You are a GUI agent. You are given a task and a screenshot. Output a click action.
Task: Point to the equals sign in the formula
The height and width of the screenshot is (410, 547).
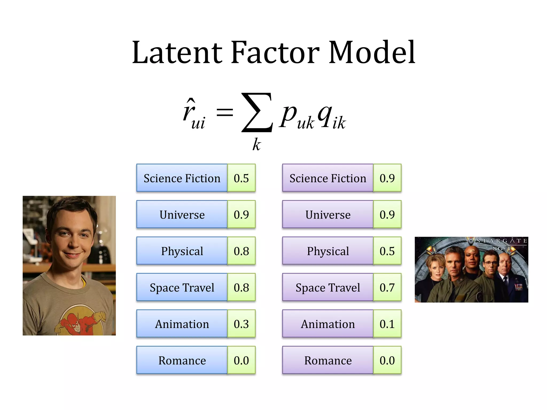coord(225,112)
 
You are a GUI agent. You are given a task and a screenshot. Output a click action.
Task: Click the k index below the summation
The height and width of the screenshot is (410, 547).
coord(256,145)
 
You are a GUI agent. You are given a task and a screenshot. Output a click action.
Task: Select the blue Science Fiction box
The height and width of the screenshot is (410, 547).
coord(182,178)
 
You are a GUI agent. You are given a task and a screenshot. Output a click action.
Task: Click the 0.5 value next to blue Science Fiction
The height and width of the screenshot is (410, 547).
coord(241,178)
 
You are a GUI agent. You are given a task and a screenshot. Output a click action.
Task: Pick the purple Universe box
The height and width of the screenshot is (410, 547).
coord(328,215)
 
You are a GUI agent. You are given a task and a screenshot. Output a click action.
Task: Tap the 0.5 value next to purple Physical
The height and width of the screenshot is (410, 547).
coord(387,251)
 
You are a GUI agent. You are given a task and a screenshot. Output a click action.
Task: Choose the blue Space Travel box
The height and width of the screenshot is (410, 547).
coord(182,287)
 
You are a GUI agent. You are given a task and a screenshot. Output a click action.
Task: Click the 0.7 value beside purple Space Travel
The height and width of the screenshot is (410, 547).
coord(387,287)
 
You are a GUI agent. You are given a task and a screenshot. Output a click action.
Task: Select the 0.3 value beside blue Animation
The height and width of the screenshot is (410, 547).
coord(241,324)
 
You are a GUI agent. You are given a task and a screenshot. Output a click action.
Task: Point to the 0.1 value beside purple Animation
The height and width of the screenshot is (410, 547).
coord(387,324)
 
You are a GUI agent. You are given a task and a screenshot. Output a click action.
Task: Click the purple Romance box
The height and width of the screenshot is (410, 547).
coord(328,360)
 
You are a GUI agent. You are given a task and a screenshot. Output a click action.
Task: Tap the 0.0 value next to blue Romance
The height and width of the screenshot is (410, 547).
coord(241,360)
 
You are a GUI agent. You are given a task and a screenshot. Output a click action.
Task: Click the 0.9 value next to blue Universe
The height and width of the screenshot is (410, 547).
coord(241,215)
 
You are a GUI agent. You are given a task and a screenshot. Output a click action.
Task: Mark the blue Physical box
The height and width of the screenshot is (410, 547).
coord(182,251)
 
